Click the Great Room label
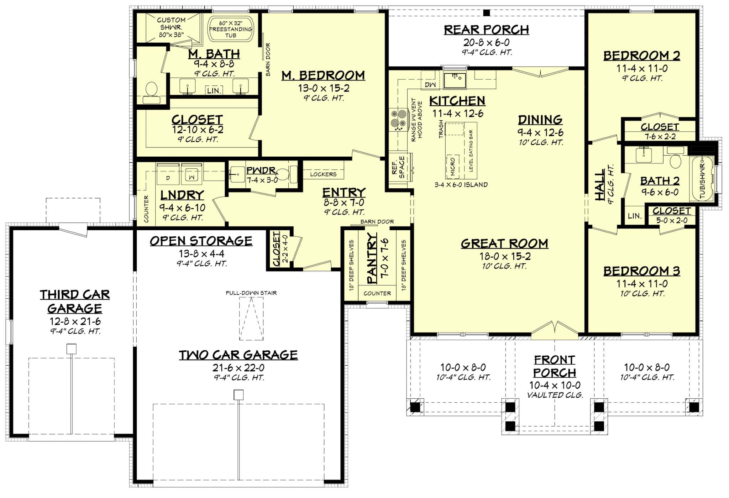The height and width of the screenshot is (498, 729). [x=504, y=243]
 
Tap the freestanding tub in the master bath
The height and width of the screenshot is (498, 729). [x=230, y=28]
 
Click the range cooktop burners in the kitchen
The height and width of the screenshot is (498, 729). [x=399, y=119]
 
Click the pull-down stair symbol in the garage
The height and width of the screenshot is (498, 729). [x=251, y=319]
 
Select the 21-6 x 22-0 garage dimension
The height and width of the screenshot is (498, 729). [x=239, y=368]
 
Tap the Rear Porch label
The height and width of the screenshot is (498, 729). [x=486, y=30]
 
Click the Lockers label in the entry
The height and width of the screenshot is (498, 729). [x=323, y=174]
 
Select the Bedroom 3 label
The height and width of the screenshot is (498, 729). [x=641, y=271]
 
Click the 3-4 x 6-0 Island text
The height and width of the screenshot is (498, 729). [x=461, y=185]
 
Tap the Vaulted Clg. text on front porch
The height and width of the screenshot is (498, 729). [x=555, y=395]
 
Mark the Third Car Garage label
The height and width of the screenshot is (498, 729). [x=75, y=301]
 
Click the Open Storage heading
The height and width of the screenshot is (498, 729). [x=201, y=241]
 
